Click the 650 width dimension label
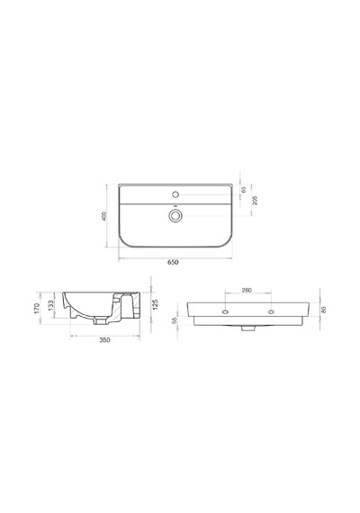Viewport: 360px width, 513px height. tap(173, 262)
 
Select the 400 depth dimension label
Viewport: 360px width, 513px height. tap(104, 216)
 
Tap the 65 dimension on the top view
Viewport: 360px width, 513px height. tap(243, 189)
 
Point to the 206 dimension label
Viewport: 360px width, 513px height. tap(256, 200)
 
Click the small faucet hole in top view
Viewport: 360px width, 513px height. tap(175, 194)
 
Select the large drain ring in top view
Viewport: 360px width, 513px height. tap(175, 216)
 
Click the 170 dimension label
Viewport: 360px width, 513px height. tap(37, 308)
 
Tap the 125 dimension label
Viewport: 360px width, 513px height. tap(156, 304)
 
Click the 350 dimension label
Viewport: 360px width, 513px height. tap(104, 340)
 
